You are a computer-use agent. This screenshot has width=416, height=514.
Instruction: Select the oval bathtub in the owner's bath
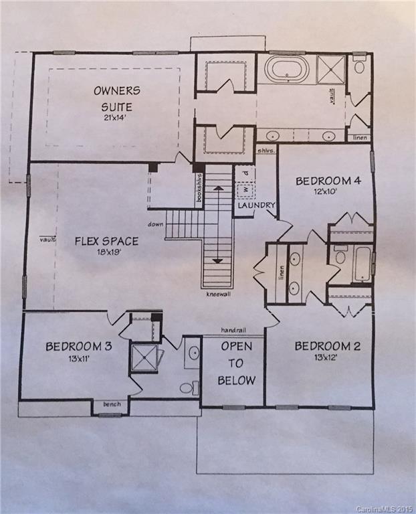point(287,68)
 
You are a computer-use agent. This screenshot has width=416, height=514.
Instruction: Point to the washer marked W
point(244,189)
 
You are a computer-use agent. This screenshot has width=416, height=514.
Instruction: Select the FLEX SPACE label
point(106,241)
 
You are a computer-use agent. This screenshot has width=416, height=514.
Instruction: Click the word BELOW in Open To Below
point(236,381)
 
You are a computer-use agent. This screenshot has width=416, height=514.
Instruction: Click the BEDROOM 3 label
point(78,347)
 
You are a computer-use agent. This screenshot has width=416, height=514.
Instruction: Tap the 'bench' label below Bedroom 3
point(110,404)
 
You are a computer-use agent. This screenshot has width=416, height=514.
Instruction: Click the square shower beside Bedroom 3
point(144,357)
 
